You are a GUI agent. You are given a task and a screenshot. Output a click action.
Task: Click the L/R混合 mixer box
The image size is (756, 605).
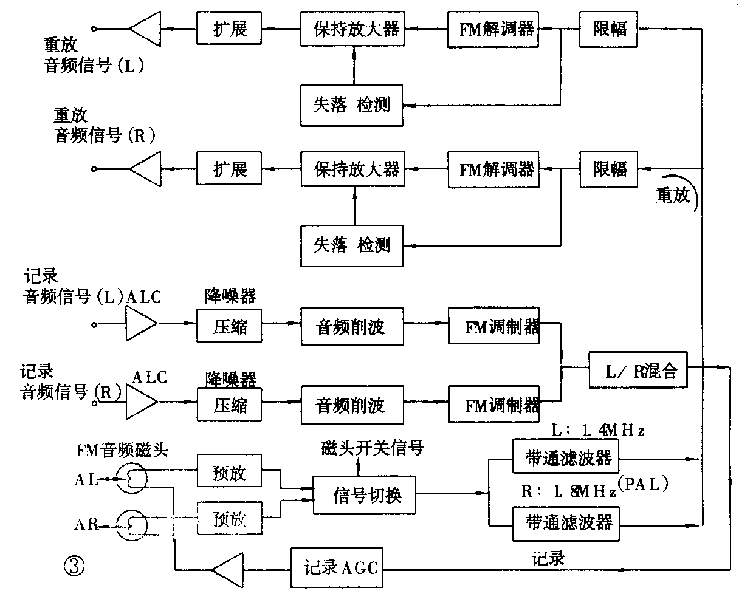tap(638, 370)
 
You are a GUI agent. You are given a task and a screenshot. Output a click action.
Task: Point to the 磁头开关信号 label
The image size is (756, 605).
tap(372, 449)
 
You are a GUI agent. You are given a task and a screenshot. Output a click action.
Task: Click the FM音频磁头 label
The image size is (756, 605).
tap(122, 450)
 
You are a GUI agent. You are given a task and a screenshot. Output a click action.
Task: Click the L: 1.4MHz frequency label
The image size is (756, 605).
tap(597, 431)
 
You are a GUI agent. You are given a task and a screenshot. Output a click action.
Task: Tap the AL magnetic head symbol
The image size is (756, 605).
tap(132, 479)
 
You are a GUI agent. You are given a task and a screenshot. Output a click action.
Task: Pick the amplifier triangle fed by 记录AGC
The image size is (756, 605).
tap(228, 569)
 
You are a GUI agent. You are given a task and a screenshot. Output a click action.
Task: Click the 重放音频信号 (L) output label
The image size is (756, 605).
tap(94, 56)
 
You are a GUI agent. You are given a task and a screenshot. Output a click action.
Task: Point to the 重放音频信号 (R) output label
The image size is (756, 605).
tap(104, 126)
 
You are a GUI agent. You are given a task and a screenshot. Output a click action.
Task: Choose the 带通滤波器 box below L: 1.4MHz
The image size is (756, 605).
tap(566, 456)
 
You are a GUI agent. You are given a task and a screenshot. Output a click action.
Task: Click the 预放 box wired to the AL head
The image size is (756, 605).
tap(229, 473)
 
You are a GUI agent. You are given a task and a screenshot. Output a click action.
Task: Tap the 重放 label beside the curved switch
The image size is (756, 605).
tap(673, 195)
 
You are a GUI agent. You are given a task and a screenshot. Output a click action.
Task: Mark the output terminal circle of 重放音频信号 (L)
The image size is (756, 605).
tap(94, 29)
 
